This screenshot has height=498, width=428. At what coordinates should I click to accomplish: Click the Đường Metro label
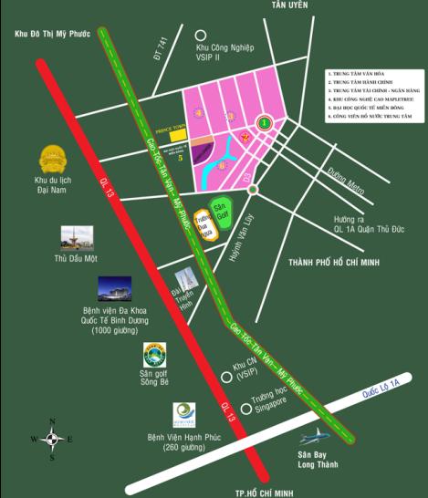pyautogui.click(x=346, y=180)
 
